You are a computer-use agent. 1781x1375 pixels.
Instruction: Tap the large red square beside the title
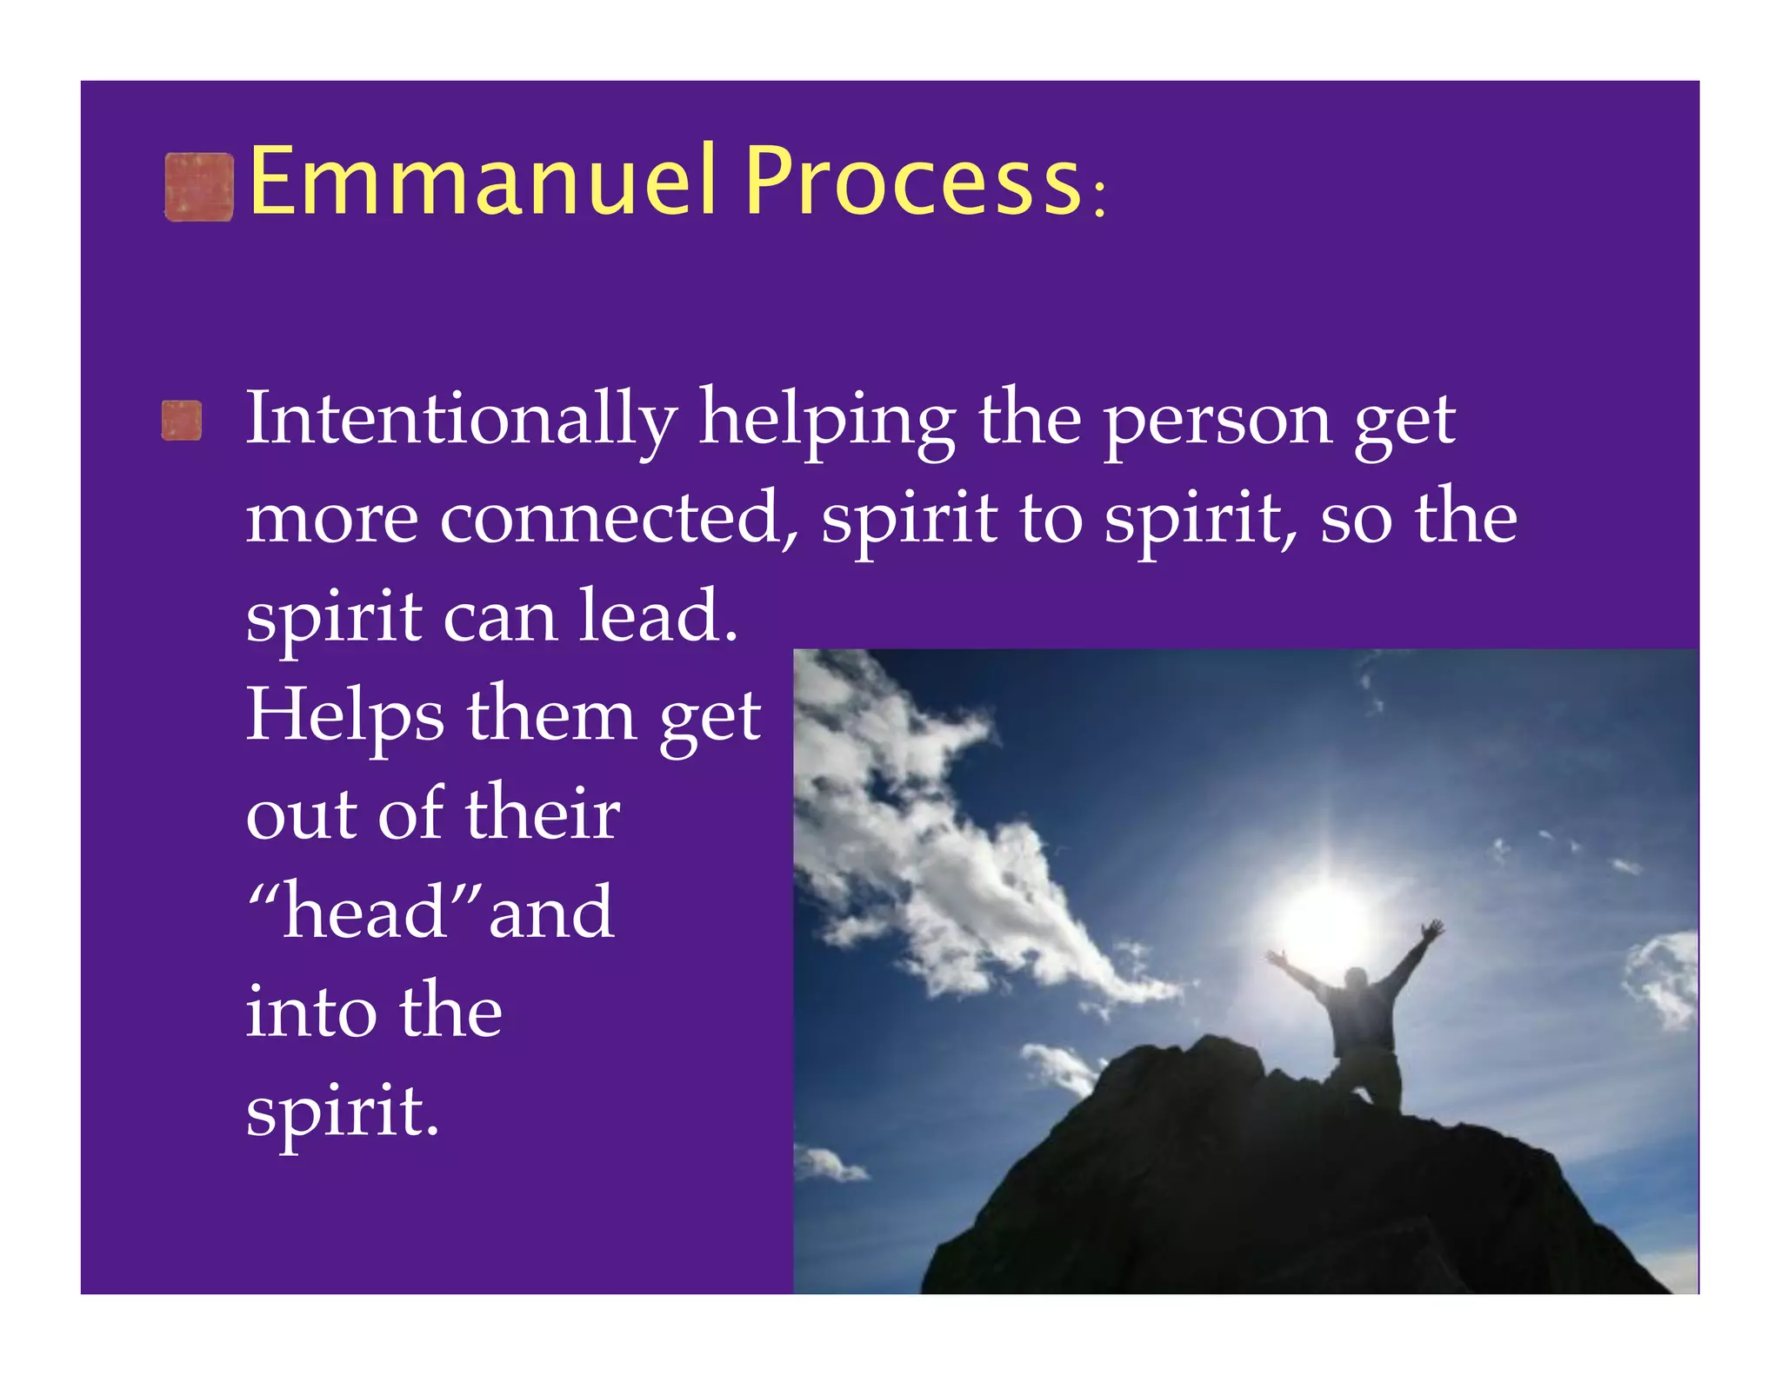click(199, 187)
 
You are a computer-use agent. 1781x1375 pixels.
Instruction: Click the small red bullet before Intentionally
click(182, 421)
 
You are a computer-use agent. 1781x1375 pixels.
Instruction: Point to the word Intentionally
click(461, 419)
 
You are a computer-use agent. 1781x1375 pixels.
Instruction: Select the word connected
click(618, 518)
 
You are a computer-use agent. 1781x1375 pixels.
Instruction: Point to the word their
click(543, 814)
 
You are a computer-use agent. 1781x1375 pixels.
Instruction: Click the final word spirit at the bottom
click(342, 1111)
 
